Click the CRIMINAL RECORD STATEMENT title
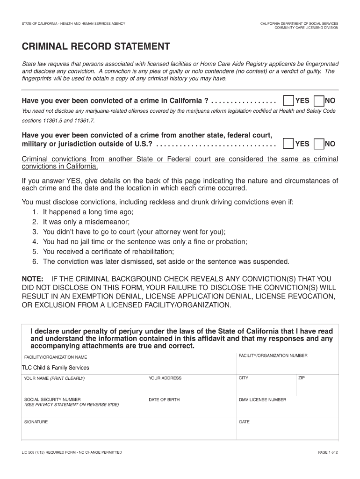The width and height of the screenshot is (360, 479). pos(96,47)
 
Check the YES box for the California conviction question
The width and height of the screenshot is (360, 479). pos(288,101)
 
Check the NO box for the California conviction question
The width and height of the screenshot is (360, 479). pos(319,101)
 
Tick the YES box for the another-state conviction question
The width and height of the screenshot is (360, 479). pos(288,144)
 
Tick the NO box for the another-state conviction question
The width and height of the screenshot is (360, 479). pos(319,144)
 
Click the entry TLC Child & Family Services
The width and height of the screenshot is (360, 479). pos(56,368)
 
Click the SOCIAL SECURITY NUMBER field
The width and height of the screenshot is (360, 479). pos(84,409)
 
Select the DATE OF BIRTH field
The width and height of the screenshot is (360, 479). pos(192,409)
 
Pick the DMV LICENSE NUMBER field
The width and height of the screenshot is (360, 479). pos(287,409)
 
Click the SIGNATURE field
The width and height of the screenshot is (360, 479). pos(129,431)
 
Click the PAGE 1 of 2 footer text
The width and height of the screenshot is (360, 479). pos(328,452)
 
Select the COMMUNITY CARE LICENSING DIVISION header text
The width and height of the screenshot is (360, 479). pos(306,28)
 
